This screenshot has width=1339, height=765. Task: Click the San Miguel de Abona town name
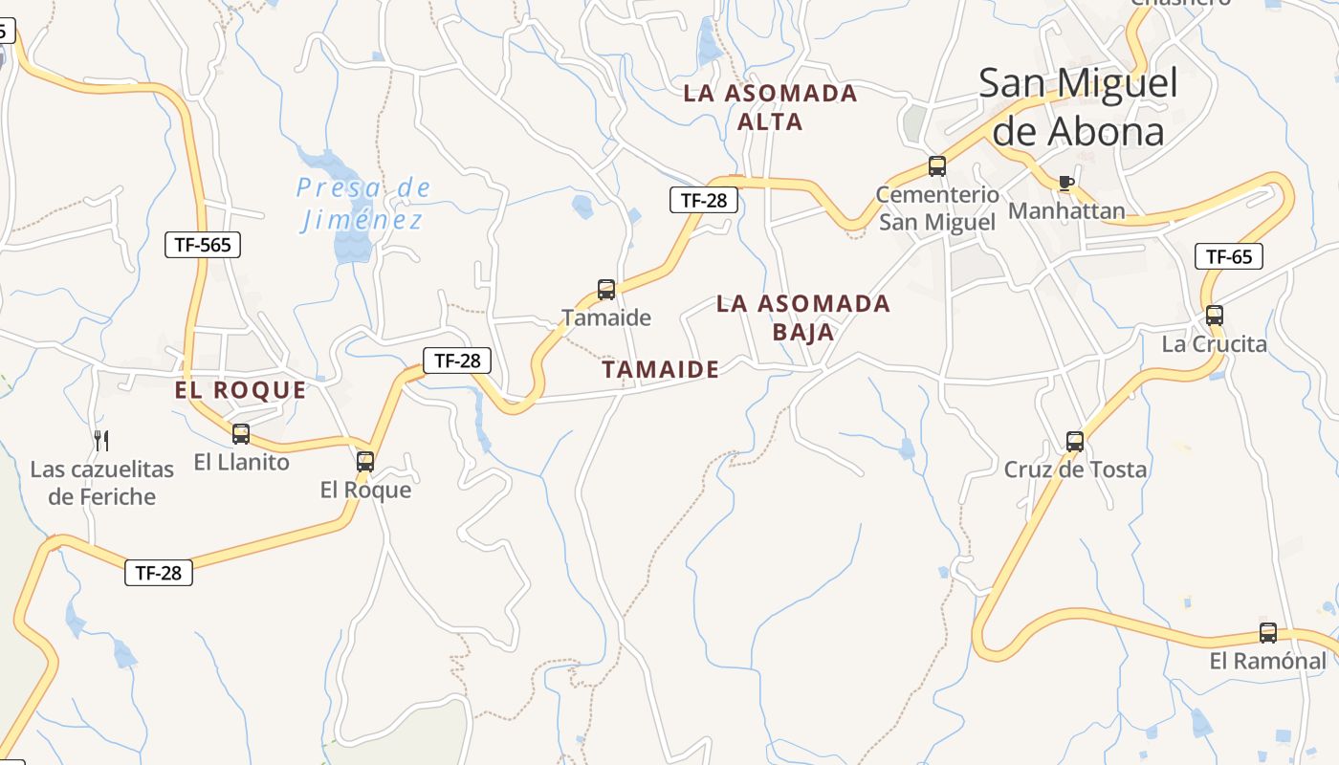pos(1078,107)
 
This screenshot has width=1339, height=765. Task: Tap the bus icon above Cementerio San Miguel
pos(937,166)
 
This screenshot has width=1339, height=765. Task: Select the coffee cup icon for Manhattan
pos(1066,183)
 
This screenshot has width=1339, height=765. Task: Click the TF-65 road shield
pos(1229,256)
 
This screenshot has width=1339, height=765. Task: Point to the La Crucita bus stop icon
pos(1215,315)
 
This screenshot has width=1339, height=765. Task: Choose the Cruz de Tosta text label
pos(1075,470)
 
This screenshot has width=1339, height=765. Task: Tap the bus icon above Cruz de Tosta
pos(1075,442)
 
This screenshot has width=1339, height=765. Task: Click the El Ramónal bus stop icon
pos(1268,632)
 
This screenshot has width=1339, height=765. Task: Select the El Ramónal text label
pos(1268,661)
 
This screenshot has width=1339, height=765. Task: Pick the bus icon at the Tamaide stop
pos(606,289)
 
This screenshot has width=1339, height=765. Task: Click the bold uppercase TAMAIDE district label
pos(661,370)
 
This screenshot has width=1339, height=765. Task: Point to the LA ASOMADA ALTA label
pos(771,107)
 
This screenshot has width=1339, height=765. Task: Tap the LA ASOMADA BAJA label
pos(803,317)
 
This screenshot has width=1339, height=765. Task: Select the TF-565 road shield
pos(203,245)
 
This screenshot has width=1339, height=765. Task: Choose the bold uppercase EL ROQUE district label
pos(241,390)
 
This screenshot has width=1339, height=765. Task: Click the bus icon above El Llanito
pos(241,434)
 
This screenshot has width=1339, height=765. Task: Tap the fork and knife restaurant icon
pos(101,441)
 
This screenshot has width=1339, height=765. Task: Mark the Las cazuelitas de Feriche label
pos(102,483)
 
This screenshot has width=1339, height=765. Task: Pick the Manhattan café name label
pos(1066,210)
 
